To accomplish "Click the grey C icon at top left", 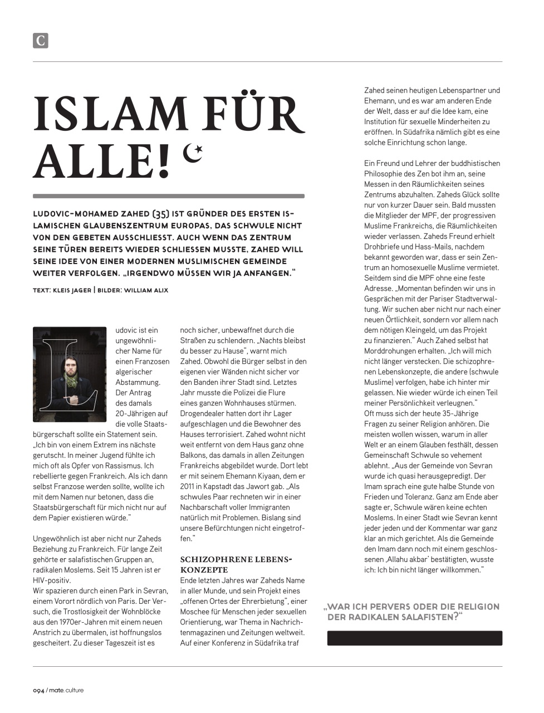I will tap(41, 41).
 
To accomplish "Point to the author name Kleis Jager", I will tap(72, 290).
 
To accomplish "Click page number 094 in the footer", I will tap(38, 690).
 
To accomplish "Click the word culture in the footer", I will tap(74, 690).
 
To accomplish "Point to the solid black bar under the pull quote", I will tap(414, 638).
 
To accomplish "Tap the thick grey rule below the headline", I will tap(169, 196).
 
